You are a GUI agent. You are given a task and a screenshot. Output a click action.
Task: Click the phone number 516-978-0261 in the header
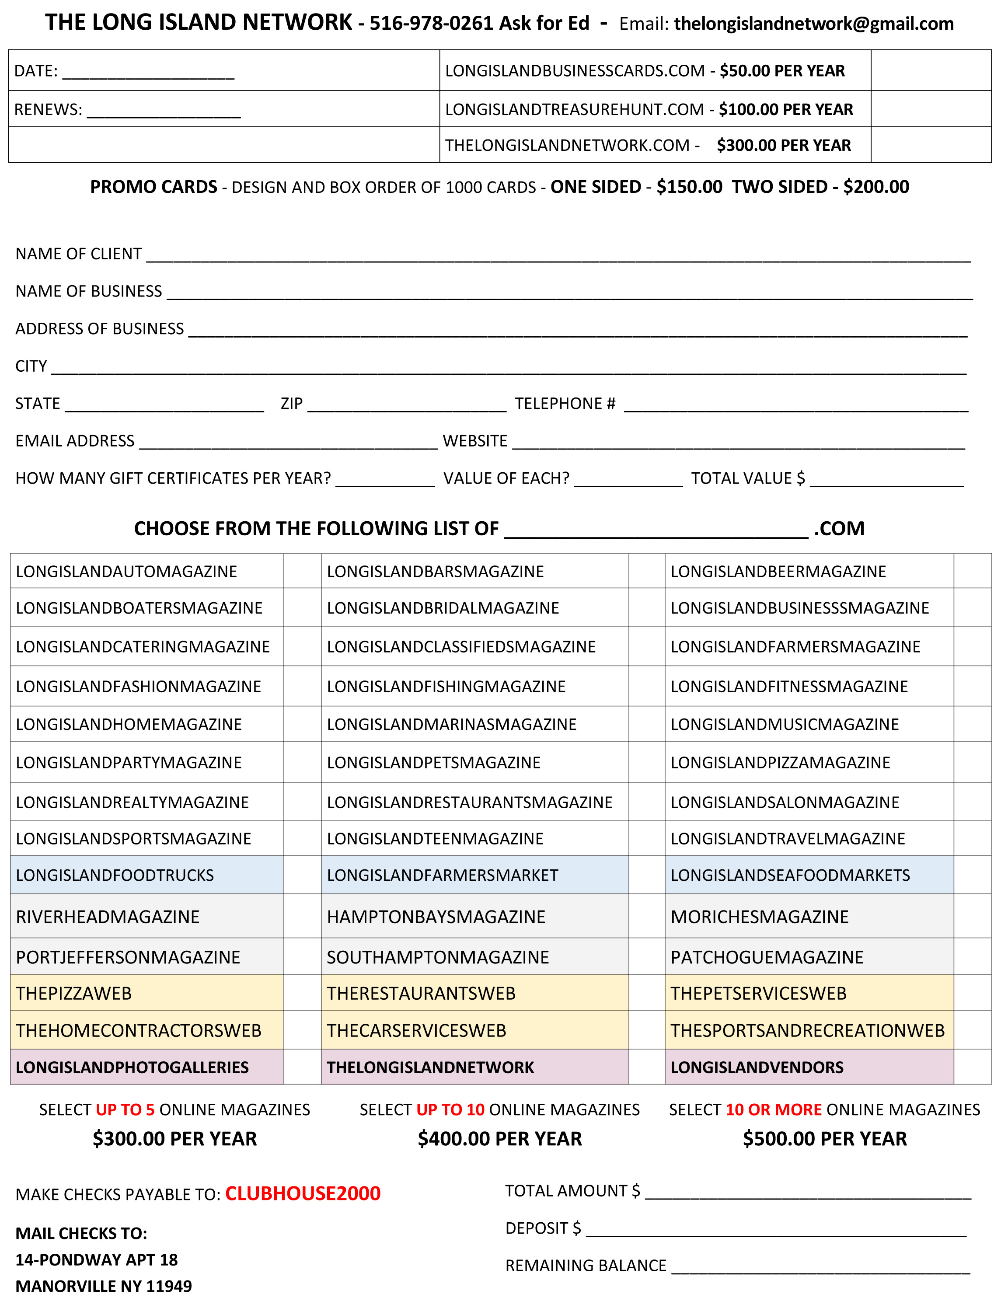coord(431,23)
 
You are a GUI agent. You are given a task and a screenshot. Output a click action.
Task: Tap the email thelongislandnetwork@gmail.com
coord(813,23)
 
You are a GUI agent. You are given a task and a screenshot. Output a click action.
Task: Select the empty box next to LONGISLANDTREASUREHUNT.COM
coord(931,109)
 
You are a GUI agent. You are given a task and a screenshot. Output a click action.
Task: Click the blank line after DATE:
coord(148,73)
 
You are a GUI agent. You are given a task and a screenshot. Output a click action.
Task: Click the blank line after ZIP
coord(407,405)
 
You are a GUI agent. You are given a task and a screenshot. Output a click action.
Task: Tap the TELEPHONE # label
coord(565,404)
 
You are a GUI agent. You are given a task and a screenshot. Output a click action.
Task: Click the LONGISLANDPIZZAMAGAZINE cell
coord(780,763)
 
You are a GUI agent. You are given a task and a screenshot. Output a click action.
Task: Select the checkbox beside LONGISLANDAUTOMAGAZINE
coord(302,571)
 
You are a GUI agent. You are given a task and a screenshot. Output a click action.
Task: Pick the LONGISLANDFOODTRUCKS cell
coord(115,875)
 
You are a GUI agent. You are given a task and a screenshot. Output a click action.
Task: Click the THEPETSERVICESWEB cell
coord(758,993)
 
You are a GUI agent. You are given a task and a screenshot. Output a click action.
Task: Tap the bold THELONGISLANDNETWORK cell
coord(430,1067)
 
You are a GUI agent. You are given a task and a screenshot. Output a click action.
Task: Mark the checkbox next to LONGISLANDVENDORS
coord(972,1067)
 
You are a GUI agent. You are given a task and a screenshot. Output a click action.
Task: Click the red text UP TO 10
coord(450,1110)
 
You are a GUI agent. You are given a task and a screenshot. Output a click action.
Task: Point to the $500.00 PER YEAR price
coord(824,1139)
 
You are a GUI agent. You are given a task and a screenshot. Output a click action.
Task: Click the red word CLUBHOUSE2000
coord(303,1194)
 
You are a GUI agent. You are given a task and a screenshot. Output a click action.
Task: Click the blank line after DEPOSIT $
coord(776,1230)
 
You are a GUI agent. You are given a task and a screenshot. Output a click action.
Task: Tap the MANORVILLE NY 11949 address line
coord(104,1287)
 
